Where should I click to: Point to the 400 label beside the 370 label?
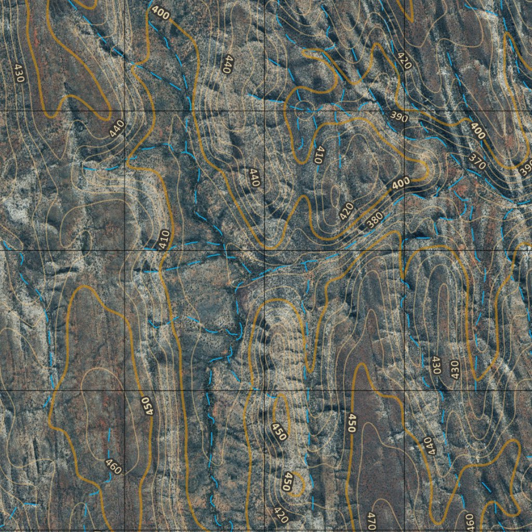coord(477,130)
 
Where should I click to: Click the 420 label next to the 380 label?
coord(347,210)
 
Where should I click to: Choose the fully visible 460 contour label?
coord(113,466)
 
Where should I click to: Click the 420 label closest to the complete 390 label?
coord(404,61)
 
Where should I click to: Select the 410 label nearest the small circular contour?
coord(319,154)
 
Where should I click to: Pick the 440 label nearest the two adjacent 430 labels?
coord(428,445)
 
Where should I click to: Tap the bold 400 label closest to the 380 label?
coord(401,183)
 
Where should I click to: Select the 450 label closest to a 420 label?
coord(286,482)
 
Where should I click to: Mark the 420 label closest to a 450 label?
coord(280,515)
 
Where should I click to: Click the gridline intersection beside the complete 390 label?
coord(404,111)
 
